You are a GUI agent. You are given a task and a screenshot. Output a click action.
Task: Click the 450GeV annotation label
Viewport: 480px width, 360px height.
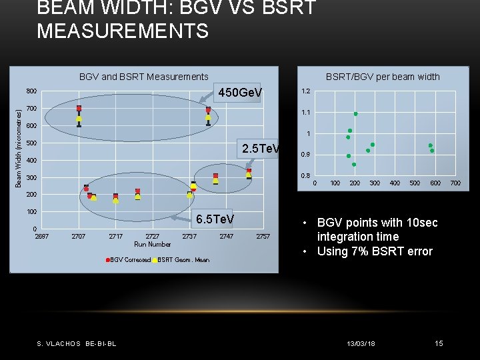[241, 92]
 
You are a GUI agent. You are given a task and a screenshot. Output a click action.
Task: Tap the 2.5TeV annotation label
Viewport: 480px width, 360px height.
[261, 149]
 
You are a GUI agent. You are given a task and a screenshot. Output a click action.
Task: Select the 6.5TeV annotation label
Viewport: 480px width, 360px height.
[214, 219]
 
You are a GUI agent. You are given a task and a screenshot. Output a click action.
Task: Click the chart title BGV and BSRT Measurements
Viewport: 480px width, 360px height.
[143, 77]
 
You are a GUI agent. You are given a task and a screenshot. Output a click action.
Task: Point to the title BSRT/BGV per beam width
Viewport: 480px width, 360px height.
[382, 77]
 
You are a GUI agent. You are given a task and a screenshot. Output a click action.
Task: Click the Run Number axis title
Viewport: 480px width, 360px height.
[153, 245]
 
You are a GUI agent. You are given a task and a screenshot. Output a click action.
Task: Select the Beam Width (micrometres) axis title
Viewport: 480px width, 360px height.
[19, 149]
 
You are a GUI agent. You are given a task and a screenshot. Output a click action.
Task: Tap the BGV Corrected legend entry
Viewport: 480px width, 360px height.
[128, 260]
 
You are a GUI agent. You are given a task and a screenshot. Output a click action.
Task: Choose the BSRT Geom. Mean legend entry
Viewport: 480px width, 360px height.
[182, 260]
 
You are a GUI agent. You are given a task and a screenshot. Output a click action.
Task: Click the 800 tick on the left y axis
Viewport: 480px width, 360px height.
[31, 91]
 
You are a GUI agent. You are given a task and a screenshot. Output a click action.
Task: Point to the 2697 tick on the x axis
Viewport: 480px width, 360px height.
[41, 237]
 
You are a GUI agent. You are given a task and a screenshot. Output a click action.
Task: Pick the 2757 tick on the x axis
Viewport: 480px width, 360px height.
[263, 237]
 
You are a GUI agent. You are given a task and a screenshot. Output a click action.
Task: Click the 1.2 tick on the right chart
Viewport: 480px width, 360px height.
[305, 91]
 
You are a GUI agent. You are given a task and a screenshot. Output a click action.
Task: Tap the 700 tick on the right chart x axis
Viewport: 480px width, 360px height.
[455, 183]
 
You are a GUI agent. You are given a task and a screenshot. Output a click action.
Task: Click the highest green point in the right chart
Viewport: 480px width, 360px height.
[356, 114]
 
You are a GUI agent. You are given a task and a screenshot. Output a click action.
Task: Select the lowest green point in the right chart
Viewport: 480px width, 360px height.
[354, 164]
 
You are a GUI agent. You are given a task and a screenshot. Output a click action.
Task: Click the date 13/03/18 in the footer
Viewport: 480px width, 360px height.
[361, 343]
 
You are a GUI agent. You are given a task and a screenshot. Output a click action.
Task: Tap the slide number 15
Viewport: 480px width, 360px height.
[439, 343]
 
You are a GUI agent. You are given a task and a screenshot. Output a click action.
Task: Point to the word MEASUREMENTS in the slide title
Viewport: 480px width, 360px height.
[123, 31]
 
